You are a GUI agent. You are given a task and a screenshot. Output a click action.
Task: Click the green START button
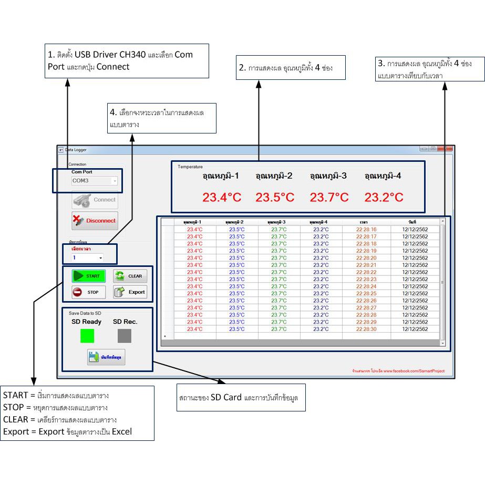88,276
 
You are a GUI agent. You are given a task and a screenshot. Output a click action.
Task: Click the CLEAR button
130,276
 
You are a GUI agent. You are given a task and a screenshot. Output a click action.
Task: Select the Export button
130,292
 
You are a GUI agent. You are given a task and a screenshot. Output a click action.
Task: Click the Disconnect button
95,221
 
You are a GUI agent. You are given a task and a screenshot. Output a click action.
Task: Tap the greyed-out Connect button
95,200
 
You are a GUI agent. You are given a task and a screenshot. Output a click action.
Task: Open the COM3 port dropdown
95,181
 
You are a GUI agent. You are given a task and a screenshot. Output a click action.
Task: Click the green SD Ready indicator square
87,336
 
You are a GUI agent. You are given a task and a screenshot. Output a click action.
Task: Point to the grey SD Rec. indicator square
125,336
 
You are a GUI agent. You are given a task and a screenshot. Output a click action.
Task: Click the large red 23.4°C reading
222,198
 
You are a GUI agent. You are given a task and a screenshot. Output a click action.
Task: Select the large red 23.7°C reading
329,198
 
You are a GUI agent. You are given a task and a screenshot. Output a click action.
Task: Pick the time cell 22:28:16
366,230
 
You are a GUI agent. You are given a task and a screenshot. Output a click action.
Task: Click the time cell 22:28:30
366,329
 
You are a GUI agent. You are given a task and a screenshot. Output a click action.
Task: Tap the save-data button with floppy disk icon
106,357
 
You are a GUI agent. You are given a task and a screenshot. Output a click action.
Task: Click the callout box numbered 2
291,68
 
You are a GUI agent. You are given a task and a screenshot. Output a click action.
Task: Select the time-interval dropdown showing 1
87,257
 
